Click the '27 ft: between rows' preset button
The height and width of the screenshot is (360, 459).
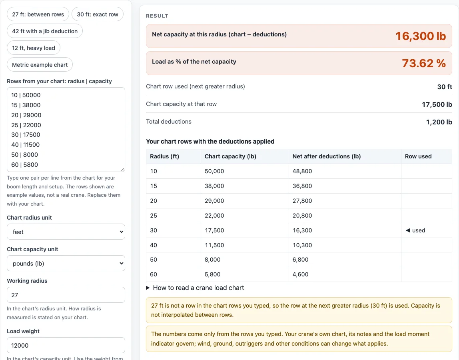click(x=38, y=14)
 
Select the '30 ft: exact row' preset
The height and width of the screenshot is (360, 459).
click(x=98, y=14)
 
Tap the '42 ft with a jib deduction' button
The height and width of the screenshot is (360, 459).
click(x=45, y=31)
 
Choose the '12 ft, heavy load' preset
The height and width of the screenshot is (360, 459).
click(x=33, y=48)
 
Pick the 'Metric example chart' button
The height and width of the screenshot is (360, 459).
click(x=40, y=65)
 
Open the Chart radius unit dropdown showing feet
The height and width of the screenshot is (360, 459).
click(x=66, y=232)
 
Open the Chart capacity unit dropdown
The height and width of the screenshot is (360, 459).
click(x=66, y=263)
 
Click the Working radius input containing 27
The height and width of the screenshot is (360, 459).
click(x=66, y=295)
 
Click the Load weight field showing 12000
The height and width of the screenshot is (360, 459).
click(x=66, y=345)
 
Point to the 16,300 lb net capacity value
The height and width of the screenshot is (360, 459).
click(x=421, y=36)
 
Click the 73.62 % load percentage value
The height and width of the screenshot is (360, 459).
click(x=424, y=63)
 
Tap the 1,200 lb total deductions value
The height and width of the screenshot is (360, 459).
click(x=439, y=122)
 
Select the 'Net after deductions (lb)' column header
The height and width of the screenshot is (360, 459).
click(x=326, y=156)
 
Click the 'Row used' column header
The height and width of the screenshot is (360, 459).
click(x=418, y=156)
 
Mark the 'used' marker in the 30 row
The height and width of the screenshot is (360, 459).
click(x=415, y=230)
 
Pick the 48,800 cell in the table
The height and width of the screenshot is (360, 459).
click(x=302, y=171)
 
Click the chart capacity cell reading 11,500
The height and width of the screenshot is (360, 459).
click(x=214, y=245)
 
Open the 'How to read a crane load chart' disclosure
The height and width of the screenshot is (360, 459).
click(x=195, y=288)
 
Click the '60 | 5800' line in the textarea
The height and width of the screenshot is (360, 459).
click(x=25, y=165)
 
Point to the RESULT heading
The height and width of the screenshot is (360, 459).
click(x=157, y=16)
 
